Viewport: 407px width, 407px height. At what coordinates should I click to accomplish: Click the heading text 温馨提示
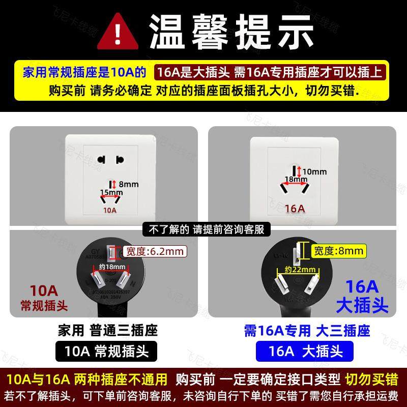(231, 32)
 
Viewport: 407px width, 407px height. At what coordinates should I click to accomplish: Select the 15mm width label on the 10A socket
(111, 193)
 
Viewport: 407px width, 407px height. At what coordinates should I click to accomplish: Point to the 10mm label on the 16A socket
(315, 172)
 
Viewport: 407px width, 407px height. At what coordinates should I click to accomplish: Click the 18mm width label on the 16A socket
(296, 179)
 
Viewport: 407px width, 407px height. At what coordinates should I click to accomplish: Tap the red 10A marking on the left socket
(110, 210)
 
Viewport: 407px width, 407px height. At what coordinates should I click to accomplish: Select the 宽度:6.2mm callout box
(154, 251)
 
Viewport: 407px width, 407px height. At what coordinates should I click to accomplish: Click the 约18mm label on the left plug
(112, 267)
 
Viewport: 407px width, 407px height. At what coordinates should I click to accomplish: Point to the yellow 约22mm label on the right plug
(296, 269)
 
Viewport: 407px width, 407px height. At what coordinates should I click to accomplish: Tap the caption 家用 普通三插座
(107, 330)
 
